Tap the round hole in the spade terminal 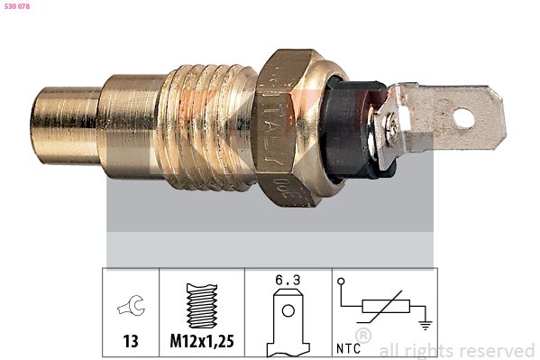pos(463,117)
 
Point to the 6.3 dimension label pos(288,280)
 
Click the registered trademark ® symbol pos(363,335)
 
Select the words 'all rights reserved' pos(456,349)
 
